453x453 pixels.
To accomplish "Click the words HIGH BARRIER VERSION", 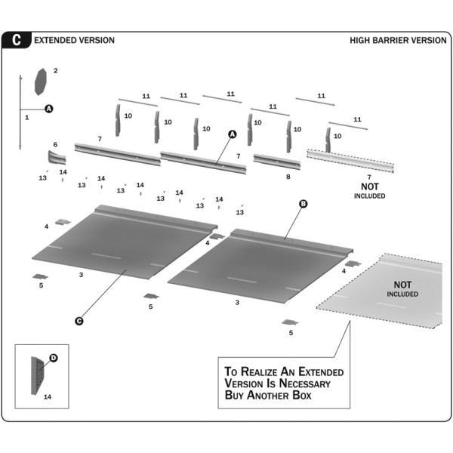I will [x=398, y=40].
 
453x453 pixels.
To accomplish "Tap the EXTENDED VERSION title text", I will [x=75, y=40].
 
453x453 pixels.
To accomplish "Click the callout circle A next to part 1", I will [x=49, y=109].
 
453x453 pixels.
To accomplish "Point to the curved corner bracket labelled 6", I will [x=57, y=159].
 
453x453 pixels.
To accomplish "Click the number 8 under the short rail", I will [x=288, y=177].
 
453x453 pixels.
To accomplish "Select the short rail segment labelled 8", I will [x=276, y=160].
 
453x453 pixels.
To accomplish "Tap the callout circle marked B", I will [x=304, y=204].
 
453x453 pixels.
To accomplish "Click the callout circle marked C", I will [x=79, y=321].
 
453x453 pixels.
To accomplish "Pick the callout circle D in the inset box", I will [x=54, y=357].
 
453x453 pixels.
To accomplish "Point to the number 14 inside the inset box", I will [x=47, y=396].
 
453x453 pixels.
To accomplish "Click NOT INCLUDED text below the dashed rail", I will [x=370, y=191].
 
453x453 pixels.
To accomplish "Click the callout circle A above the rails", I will [x=233, y=134].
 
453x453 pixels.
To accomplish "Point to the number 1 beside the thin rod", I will [x=26, y=118].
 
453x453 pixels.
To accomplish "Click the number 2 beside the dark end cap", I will [x=55, y=70].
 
